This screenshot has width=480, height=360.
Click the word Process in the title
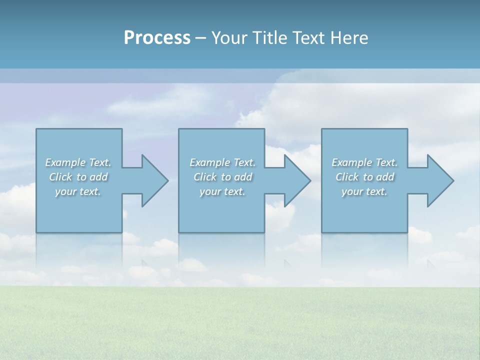[157, 38]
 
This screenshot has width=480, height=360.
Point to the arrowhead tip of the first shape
[168, 180]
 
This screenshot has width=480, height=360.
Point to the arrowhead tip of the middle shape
[310, 180]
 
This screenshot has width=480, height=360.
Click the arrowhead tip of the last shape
[453, 180]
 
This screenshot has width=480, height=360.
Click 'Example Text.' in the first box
[78, 162]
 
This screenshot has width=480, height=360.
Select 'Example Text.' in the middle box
[222, 162]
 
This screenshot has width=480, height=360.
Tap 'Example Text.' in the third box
[364, 162]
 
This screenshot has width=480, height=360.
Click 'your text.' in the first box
[78, 191]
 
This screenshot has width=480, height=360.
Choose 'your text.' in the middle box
[222, 191]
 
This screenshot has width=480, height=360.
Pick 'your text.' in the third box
[364, 191]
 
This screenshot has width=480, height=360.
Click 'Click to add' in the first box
[78, 177]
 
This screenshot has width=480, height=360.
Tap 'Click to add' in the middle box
[222, 177]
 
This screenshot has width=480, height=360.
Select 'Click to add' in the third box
[364, 177]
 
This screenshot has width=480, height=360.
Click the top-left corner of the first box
[36, 129]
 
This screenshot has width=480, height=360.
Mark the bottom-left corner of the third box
[322, 232]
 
